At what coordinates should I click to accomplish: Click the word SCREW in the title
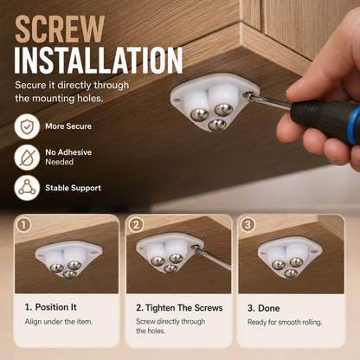click(x=60, y=29)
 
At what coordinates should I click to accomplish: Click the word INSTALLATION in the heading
click(x=99, y=61)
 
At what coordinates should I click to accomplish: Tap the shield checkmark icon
click(x=27, y=126)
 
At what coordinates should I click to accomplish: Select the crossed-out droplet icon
click(x=27, y=157)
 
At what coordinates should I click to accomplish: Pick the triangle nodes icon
click(x=27, y=188)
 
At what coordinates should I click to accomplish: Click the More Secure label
click(x=68, y=126)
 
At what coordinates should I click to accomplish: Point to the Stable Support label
click(x=74, y=188)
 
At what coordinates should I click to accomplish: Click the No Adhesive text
click(x=68, y=152)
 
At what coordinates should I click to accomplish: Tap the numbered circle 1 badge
click(x=24, y=225)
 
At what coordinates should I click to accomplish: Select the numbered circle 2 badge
click(x=136, y=225)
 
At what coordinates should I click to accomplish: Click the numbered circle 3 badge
click(x=247, y=225)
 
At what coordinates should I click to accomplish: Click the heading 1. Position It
click(x=51, y=307)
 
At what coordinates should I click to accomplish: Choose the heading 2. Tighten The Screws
click(x=179, y=308)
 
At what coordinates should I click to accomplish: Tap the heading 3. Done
click(x=264, y=308)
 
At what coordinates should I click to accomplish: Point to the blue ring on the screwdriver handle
click(x=354, y=125)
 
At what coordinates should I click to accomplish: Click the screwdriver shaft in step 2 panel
click(x=214, y=258)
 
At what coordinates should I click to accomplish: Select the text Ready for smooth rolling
click(x=285, y=322)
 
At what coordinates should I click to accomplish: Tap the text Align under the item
click(x=59, y=321)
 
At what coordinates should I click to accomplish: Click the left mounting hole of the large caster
click(x=177, y=100)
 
